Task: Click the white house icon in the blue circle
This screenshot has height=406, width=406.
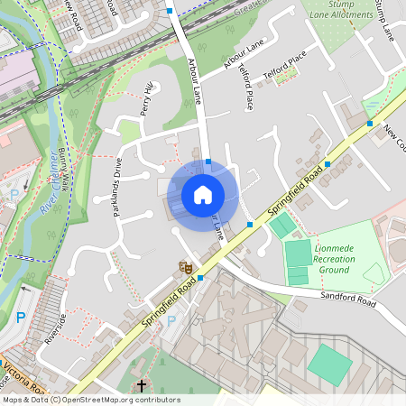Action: [203, 194]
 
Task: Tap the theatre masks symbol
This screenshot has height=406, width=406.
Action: [185, 266]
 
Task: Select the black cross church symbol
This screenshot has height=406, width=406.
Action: [141, 386]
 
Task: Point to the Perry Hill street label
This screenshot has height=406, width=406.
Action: [147, 99]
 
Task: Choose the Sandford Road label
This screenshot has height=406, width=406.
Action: [347, 299]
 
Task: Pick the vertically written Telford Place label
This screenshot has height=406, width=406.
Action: [245, 88]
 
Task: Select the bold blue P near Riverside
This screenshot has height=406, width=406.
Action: [21, 317]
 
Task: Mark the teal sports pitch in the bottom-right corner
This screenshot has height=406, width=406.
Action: [329, 364]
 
